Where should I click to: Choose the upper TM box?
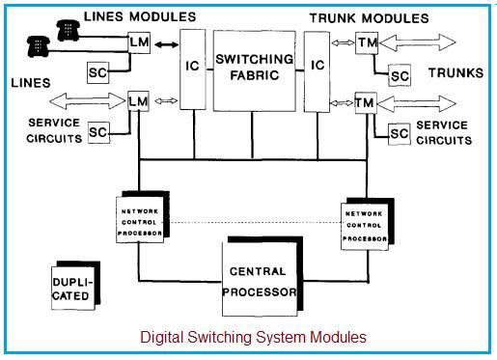(x=364, y=43)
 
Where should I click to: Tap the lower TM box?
(x=364, y=101)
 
